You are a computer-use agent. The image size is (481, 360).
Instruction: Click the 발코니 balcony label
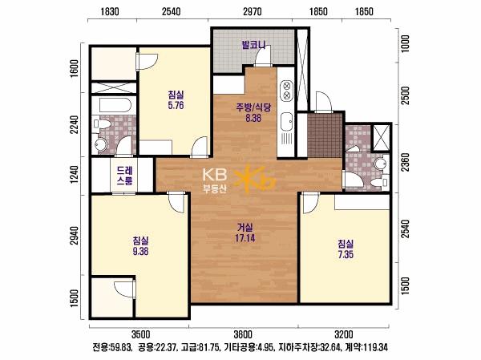pos(253,46)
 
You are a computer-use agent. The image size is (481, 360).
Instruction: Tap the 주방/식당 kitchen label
pos(253,107)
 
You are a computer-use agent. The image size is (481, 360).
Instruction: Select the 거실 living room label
pos(245,228)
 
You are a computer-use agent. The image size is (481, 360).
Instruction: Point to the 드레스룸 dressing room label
pos(124,176)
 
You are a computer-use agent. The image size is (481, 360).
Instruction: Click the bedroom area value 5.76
pos(176,105)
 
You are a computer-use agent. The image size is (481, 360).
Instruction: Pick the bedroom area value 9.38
pos(140,251)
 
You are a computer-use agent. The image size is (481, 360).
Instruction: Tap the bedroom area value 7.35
pos(346,254)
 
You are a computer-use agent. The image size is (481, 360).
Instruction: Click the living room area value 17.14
pos(245,238)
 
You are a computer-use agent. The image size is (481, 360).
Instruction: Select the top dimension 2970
pos(253,12)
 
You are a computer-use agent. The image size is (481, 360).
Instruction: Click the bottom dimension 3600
pos(243,334)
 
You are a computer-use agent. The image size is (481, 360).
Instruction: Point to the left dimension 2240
pos(75,124)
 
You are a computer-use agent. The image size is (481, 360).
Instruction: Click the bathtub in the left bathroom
pos(115,105)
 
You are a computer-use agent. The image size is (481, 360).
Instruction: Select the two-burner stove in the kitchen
pos(287,91)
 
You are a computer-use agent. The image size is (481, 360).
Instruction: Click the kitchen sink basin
pos(287,121)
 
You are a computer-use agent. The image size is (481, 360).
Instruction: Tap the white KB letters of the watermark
pos(215,174)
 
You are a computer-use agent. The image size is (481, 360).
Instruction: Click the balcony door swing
pos(263,55)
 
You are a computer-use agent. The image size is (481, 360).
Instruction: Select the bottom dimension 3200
pos(344,334)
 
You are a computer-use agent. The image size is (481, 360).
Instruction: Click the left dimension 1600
pos(75,68)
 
